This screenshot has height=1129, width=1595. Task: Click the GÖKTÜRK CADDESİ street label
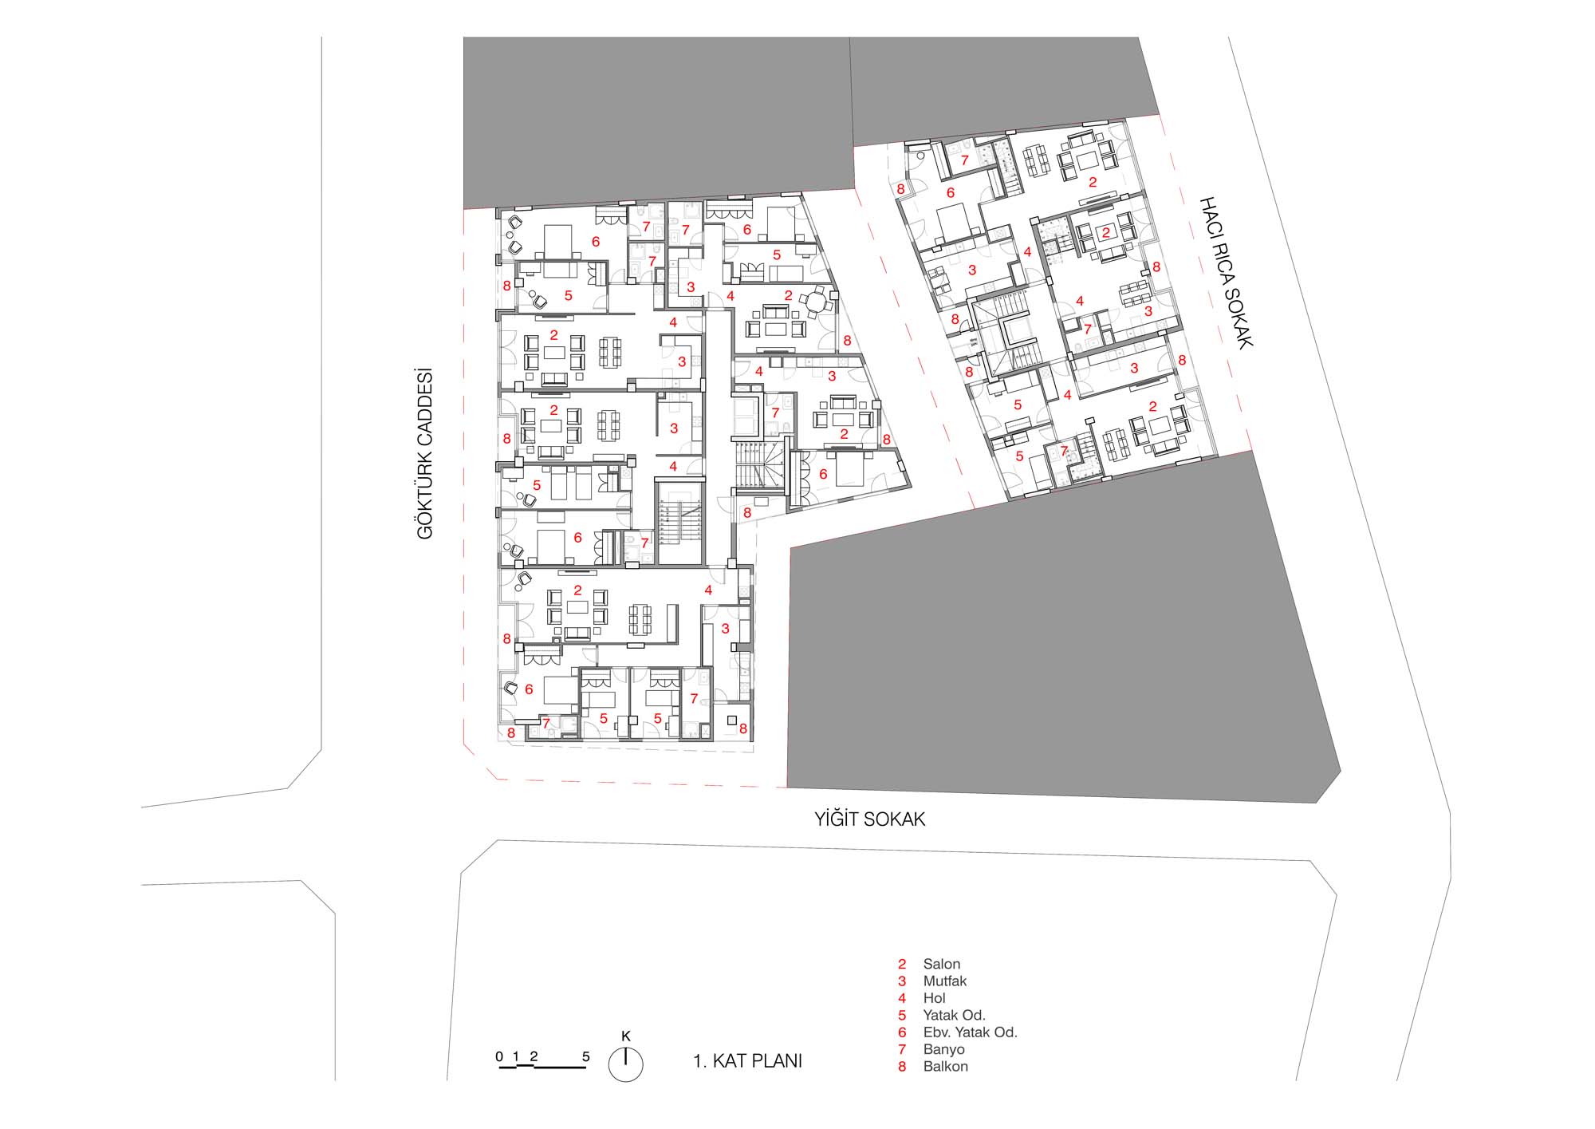425,453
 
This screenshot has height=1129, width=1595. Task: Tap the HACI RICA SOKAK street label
1227,272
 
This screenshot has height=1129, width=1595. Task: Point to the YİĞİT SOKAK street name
869,819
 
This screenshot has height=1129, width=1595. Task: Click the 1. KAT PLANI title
747,1061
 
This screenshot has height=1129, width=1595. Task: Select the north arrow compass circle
625,1064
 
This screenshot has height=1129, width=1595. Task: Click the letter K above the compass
626,1036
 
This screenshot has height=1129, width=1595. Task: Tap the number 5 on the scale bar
586,1057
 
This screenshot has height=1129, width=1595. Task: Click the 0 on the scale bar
499,1057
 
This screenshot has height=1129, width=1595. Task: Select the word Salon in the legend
942,964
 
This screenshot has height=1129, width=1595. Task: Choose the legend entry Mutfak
945,981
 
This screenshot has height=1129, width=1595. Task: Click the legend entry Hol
934,998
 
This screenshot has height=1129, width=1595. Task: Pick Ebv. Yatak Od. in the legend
971,1032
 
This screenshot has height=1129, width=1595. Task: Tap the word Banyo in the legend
943,1049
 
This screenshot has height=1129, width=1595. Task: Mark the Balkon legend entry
945,1066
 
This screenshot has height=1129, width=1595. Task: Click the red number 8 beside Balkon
902,1066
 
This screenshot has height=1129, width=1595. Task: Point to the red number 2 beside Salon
902,964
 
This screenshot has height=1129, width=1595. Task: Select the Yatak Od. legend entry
954,1015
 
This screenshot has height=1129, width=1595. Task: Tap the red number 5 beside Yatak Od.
902,1015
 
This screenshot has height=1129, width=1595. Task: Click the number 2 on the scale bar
534,1057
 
